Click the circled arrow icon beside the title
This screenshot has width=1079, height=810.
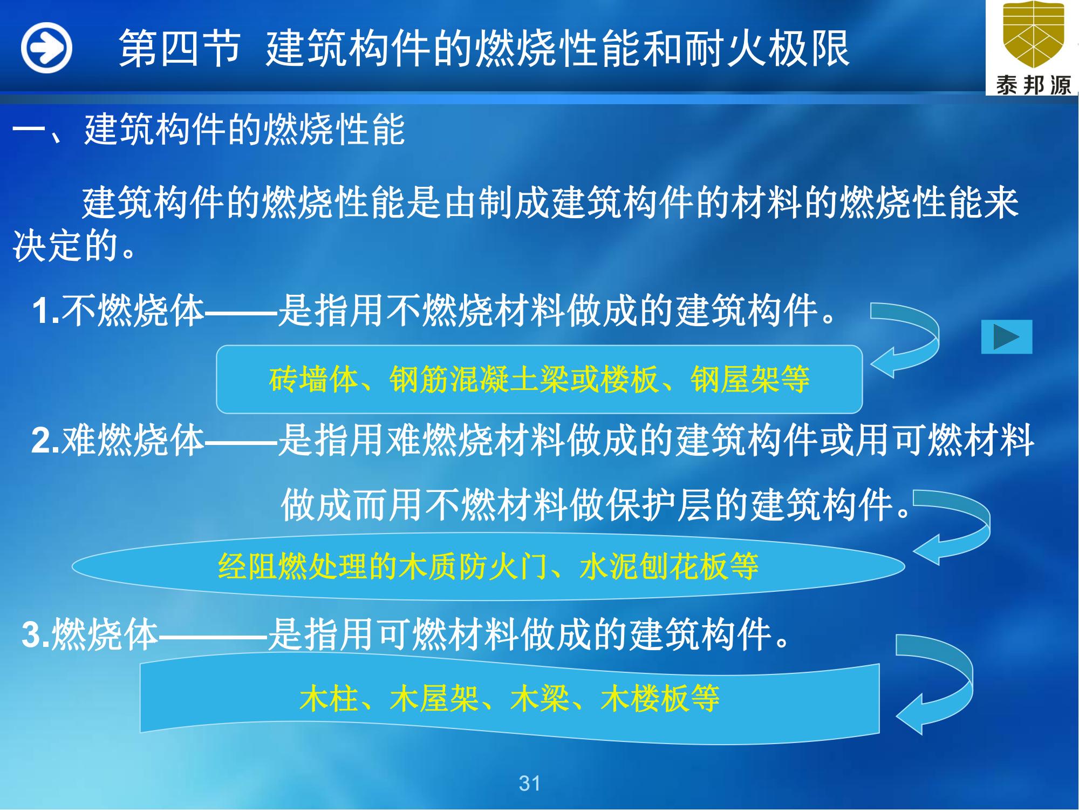[x=46, y=48]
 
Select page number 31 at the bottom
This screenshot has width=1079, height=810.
[x=529, y=783]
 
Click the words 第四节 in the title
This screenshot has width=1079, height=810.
[x=179, y=49]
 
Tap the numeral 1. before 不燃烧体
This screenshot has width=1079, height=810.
[x=46, y=312]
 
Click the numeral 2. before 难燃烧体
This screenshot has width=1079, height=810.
[x=46, y=441]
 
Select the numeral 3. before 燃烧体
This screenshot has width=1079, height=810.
[x=37, y=634]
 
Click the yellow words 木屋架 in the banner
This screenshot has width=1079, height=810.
[x=434, y=698]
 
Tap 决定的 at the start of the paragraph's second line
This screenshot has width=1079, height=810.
[x=66, y=246]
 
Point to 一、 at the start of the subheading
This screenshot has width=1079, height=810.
[x=47, y=130]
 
